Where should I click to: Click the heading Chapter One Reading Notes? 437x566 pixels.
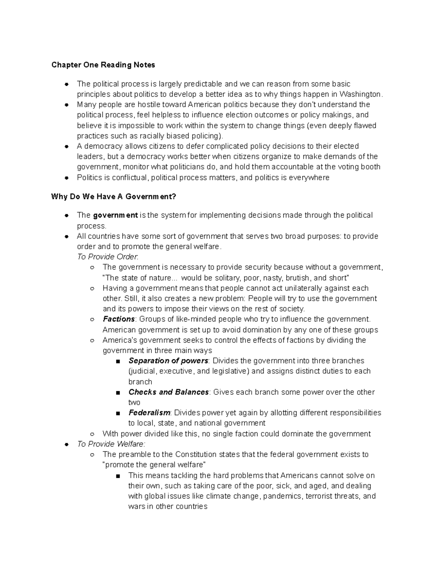[103, 65]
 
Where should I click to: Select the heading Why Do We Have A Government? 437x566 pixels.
[114, 197]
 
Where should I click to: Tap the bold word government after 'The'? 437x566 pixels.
[115, 215]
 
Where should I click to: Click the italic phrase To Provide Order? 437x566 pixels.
[107, 257]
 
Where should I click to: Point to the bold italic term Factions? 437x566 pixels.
[119, 319]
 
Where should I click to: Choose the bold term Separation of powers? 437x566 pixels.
[168, 360]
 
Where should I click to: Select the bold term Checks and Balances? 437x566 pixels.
[168, 392]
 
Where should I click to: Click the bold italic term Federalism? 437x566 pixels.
[149, 413]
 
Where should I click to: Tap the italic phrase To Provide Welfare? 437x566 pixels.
[111, 444]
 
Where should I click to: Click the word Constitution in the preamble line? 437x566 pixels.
[196, 454]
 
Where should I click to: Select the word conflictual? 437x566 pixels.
[129, 177]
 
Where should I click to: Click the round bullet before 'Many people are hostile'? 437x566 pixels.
[66, 105]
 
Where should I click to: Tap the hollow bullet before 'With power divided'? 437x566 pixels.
[92, 434]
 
